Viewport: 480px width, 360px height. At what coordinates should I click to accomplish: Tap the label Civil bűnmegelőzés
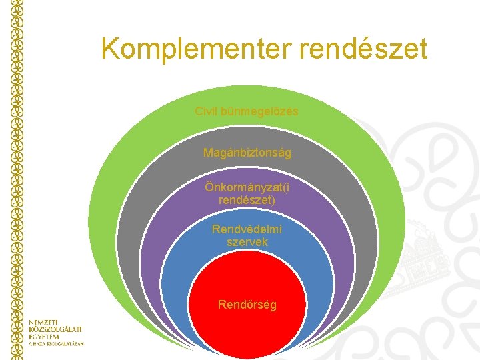click(247, 111)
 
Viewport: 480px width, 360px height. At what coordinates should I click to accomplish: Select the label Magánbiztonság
click(247, 153)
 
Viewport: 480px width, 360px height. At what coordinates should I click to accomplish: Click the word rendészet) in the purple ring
click(247, 199)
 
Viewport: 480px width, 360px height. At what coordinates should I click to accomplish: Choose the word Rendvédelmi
click(247, 229)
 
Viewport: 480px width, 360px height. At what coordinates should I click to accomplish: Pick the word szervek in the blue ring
click(247, 242)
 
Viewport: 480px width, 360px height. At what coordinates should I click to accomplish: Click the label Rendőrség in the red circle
click(247, 305)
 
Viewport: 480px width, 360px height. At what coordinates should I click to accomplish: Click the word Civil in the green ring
click(206, 111)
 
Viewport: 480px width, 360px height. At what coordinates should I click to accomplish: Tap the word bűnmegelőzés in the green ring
click(259, 111)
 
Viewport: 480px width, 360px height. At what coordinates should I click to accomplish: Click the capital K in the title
click(113, 49)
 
